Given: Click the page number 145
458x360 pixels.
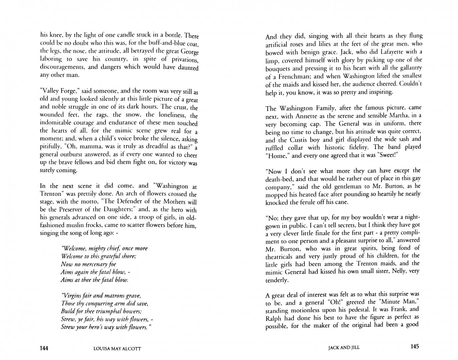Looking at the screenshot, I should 414,346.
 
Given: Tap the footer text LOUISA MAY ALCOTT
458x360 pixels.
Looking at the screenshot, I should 118,349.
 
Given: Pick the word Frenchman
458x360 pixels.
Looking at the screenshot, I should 296,76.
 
